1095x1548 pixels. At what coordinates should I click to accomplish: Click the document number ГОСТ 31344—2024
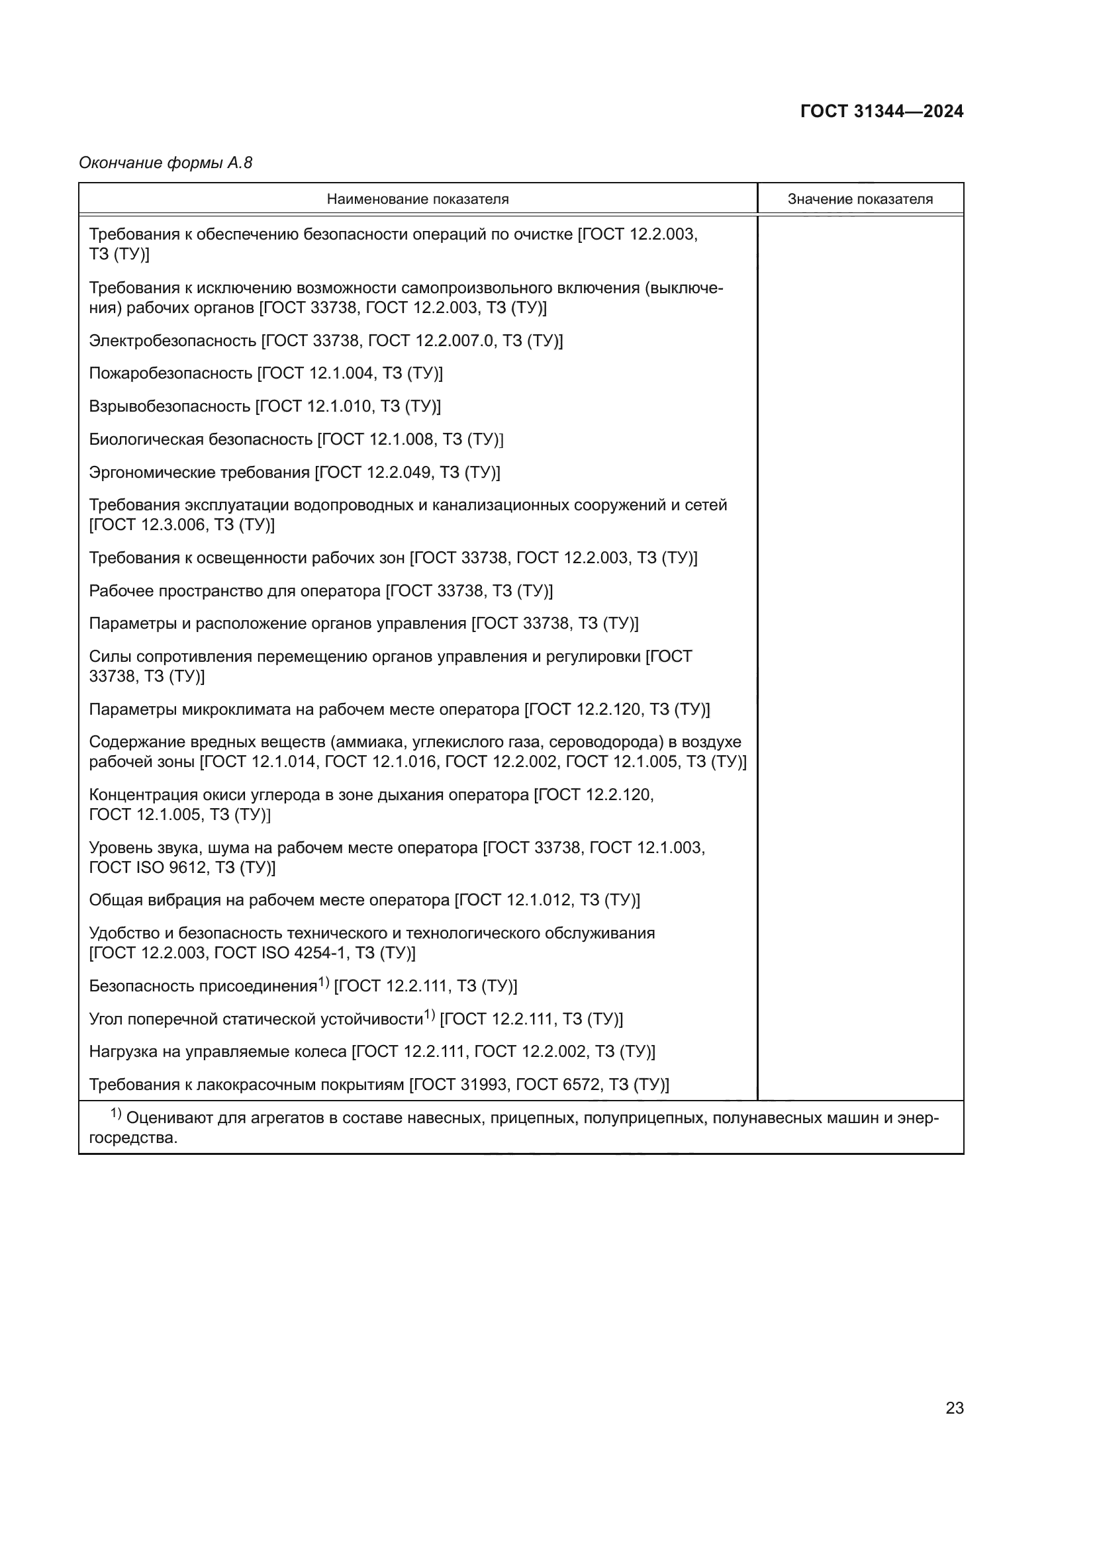[881, 111]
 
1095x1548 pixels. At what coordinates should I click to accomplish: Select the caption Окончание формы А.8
[166, 163]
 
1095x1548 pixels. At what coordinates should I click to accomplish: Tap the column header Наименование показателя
[417, 199]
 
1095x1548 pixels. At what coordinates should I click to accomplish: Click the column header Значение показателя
[860, 199]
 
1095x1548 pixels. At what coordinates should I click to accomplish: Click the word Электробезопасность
[173, 340]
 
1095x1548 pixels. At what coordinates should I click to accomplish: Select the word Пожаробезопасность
[171, 373]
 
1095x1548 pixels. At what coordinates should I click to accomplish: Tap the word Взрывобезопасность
[169, 406]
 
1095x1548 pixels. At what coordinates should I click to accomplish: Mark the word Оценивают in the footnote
[169, 1118]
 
